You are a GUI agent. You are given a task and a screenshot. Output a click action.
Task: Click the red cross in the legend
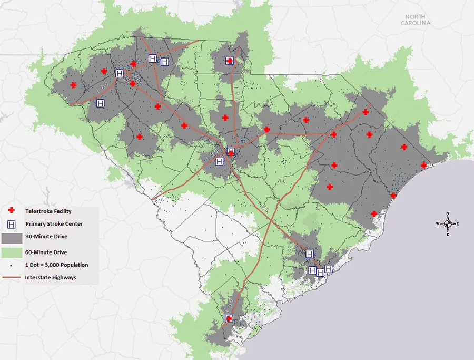coord(13,211)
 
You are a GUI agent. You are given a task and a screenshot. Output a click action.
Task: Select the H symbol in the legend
coord(13,224)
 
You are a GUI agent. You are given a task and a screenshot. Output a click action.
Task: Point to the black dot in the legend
coord(13,265)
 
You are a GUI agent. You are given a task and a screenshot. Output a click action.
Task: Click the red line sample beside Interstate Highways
coord(12,277)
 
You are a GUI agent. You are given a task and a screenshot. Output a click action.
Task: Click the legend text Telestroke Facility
coord(48,211)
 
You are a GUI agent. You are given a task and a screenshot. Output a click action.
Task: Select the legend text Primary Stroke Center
coord(54,224)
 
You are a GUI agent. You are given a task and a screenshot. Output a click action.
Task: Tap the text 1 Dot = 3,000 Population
coord(56,265)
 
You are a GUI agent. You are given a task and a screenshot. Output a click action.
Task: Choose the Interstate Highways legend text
coord(51,277)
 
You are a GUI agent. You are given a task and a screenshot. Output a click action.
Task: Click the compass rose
coord(447,224)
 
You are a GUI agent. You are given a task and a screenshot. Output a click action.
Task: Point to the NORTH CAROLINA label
coord(415,20)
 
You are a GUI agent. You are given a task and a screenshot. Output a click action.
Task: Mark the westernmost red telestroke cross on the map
coord(73,85)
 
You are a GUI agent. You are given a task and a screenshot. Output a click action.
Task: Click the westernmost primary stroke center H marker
coord(100,103)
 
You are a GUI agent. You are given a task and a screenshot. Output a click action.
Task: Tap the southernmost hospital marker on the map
coord(229,318)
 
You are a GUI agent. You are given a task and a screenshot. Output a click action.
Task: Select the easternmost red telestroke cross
coord(423,166)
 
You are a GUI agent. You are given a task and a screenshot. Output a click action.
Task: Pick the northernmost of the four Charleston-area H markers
coord(310,254)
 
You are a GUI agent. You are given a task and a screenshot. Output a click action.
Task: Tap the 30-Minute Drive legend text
coord(46,237)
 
